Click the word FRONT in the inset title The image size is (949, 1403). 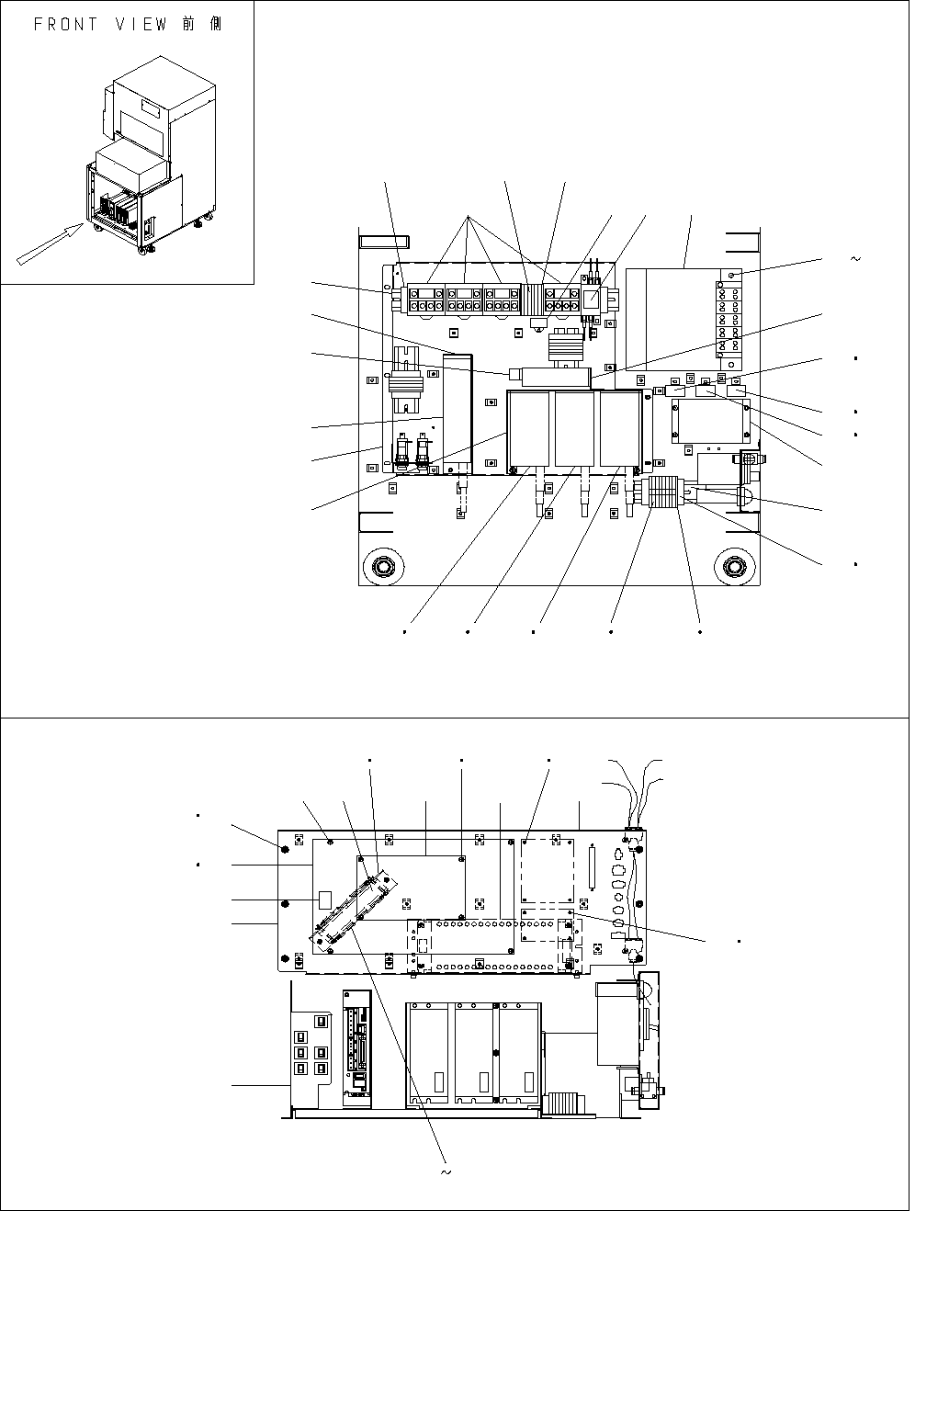click(x=65, y=25)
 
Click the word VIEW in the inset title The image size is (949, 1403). click(x=141, y=25)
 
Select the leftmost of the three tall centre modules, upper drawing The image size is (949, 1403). click(x=530, y=428)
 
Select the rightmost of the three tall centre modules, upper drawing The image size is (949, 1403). click(x=620, y=428)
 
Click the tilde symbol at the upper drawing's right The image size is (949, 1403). click(x=856, y=259)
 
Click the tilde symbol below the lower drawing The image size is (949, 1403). click(x=446, y=1172)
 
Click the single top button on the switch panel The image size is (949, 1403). click(x=321, y=1022)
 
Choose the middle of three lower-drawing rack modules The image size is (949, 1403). click(x=475, y=1054)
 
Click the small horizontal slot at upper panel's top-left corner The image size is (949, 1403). click(x=376, y=243)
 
